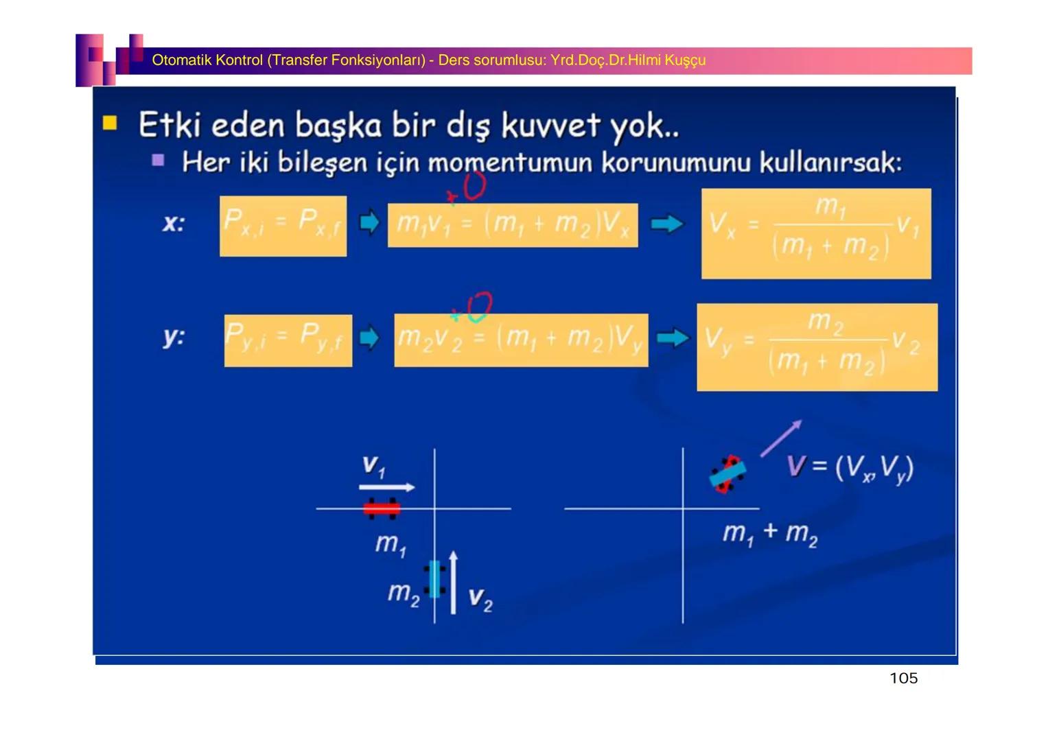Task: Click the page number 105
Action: pyautogui.click(x=903, y=679)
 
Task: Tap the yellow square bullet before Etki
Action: pyautogui.click(x=110, y=123)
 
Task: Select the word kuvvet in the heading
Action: pyautogui.click(x=552, y=126)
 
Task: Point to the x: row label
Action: pyautogui.click(x=174, y=223)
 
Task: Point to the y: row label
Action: pyautogui.click(x=174, y=337)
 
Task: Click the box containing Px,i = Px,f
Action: pyautogui.click(x=283, y=226)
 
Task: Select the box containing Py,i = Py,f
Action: pyautogui.click(x=288, y=340)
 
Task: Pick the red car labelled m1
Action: pyautogui.click(x=381, y=508)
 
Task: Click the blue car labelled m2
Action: pyautogui.click(x=434, y=579)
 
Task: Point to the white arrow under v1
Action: pyautogui.click(x=386, y=487)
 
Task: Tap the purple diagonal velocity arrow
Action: pyautogui.click(x=780, y=438)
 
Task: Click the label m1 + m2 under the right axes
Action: pyautogui.click(x=769, y=533)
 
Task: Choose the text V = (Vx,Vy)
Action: pyautogui.click(x=850, y=468)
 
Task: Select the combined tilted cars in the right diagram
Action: pyautogui.click(x=727, y=474)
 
